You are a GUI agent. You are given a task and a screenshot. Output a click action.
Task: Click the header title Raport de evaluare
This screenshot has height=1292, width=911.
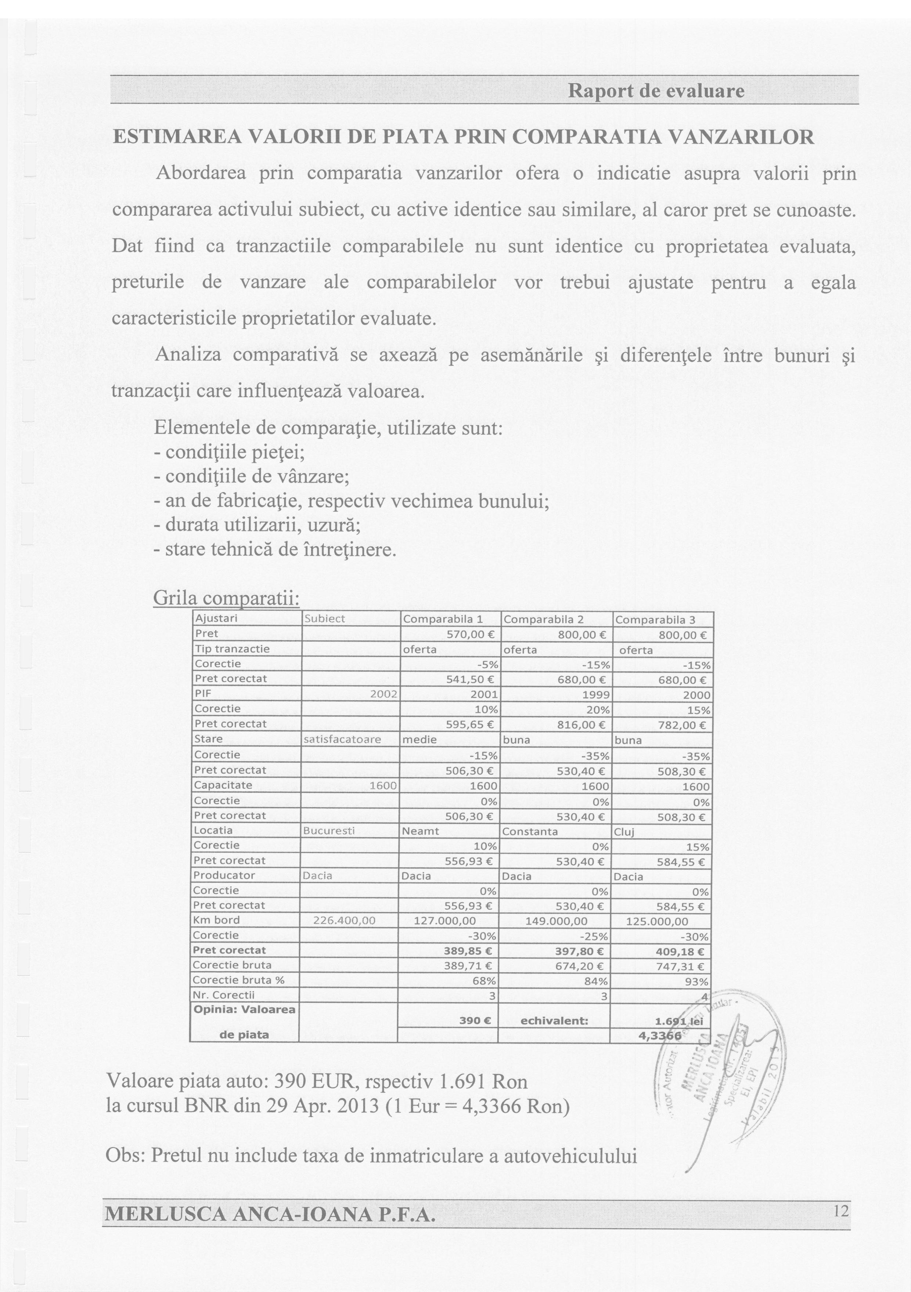656,91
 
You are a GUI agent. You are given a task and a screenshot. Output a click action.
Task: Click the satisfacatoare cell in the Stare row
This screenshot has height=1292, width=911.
342,739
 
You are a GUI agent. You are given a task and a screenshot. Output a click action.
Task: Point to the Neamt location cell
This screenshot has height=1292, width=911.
420,831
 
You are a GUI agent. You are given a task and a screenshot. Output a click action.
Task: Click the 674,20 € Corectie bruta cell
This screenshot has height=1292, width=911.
583,966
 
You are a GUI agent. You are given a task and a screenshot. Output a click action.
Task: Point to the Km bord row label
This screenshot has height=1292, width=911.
217,920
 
